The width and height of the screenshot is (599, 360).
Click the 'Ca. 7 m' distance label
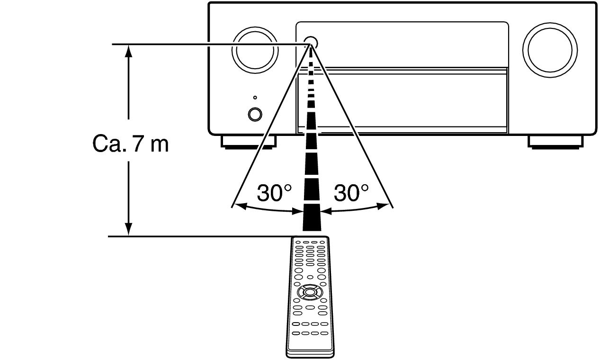pos(131,144)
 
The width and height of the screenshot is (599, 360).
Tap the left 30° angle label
pos(274,193)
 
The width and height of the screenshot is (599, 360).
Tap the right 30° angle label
pos(351,193)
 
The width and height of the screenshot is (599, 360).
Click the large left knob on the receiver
pos(255,51)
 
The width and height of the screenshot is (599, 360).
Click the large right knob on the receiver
pos(550,50)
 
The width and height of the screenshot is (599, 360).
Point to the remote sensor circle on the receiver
pos(311,43)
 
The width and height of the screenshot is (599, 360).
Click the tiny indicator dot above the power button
pos(255,98)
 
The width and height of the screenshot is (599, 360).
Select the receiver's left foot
pos(249,142)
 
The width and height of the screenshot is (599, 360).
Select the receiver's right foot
pos(555,142)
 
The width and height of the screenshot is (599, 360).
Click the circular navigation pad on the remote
pos(310,292)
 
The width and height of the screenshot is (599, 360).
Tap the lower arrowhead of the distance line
pos(129,229)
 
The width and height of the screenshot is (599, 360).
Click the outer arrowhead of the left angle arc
pos(239,206)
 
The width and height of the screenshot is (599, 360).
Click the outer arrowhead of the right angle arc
pos(383,206)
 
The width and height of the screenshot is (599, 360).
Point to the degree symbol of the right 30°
pos(365,188)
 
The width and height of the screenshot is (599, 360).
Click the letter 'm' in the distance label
pos(160,146)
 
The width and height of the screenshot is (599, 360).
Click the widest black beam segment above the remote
pos(312,217)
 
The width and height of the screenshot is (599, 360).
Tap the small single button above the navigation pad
pos(310,277)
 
